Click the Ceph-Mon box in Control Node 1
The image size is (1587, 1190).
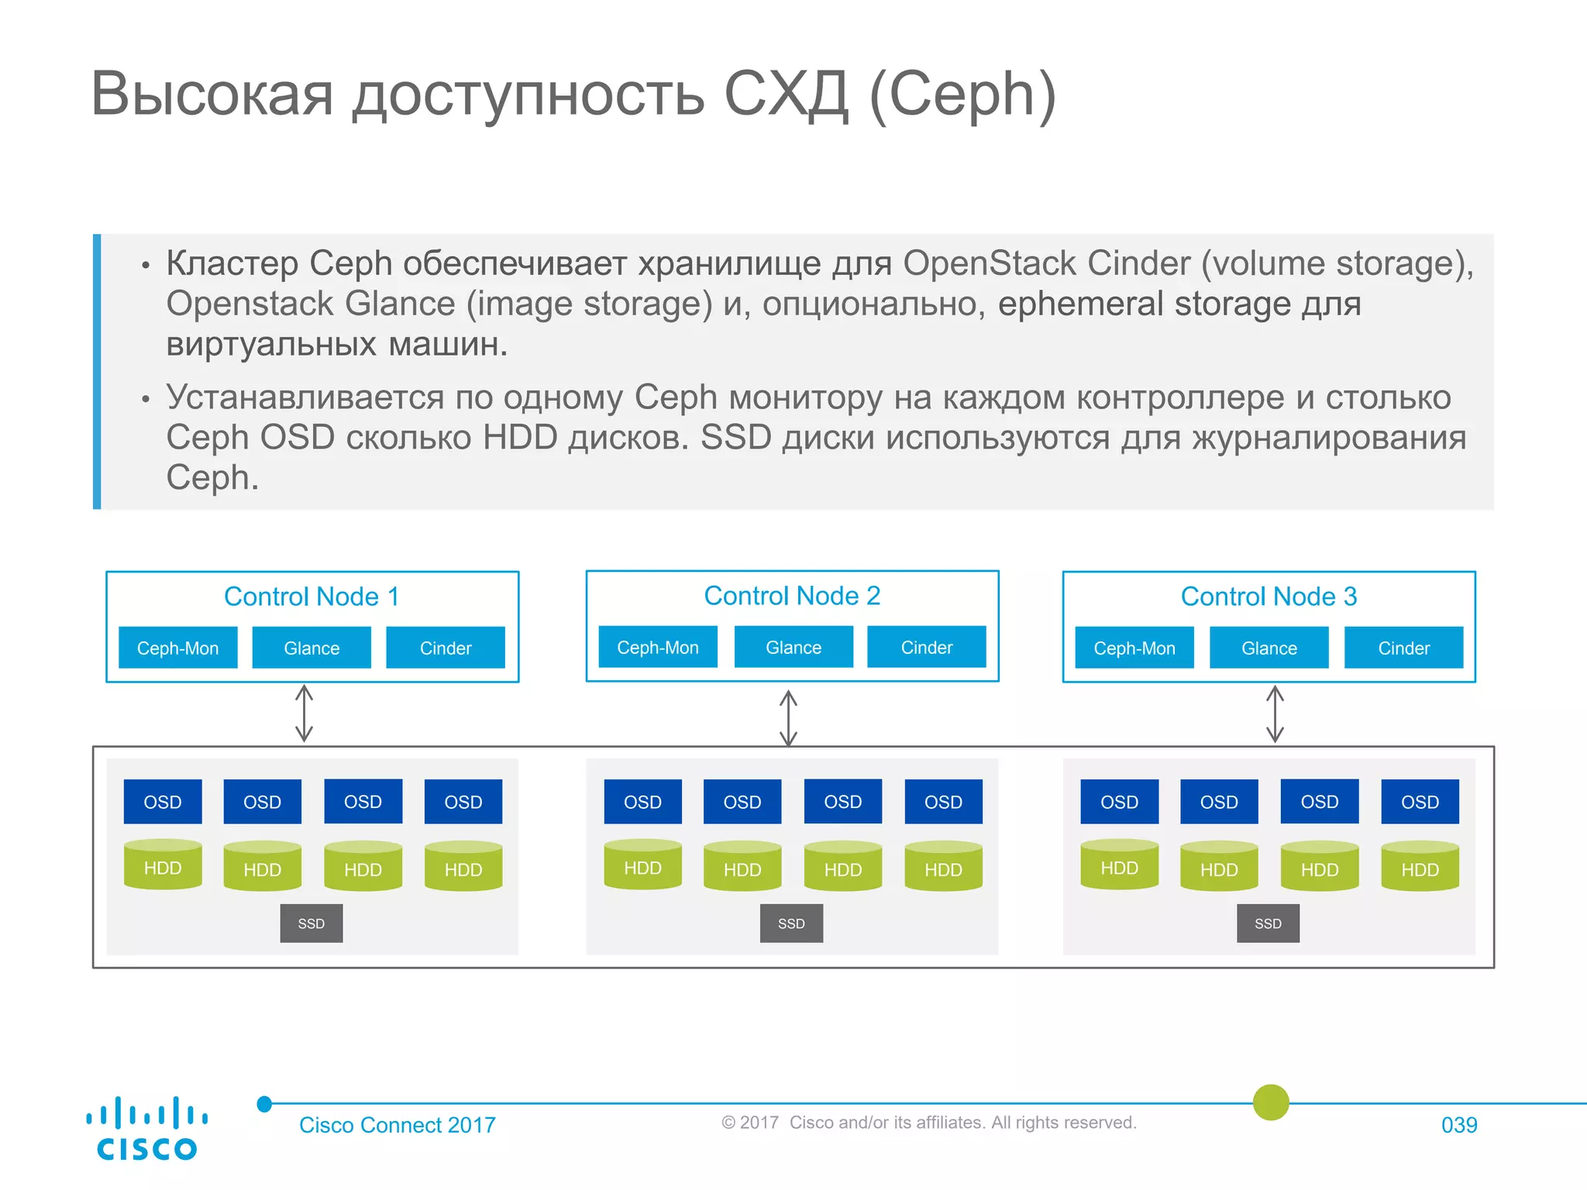click(177, 648)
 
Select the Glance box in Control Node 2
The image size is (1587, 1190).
click(793, 647)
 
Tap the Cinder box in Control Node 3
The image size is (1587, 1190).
click(1403, 648)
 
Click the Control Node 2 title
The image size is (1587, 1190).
click(792, 596)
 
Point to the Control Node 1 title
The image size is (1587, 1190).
click(312, 597)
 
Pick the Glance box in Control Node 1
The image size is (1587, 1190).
click(312, 648)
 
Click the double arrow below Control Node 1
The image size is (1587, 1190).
click(305, 713)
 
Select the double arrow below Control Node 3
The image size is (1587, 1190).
click(1275, 714)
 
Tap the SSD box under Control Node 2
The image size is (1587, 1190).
click(791, 923)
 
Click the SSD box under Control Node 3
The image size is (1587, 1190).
click(1268, 923)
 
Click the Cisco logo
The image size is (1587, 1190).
click(146, 1128)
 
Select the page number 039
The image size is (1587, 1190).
click(1458, 1125)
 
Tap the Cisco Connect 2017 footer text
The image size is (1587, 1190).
click(397, 1125)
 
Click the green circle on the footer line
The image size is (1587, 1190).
click(1271, 1102)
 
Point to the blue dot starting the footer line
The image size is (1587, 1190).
click(264, 1104)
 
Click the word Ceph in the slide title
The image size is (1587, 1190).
click(963, 95)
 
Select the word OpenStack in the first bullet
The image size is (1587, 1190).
click(1046, 263)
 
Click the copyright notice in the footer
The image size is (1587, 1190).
click(928, 1123)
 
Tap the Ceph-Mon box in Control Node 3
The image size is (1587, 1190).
click(1134, 648)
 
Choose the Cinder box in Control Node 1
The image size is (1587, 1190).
click(446, 648)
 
